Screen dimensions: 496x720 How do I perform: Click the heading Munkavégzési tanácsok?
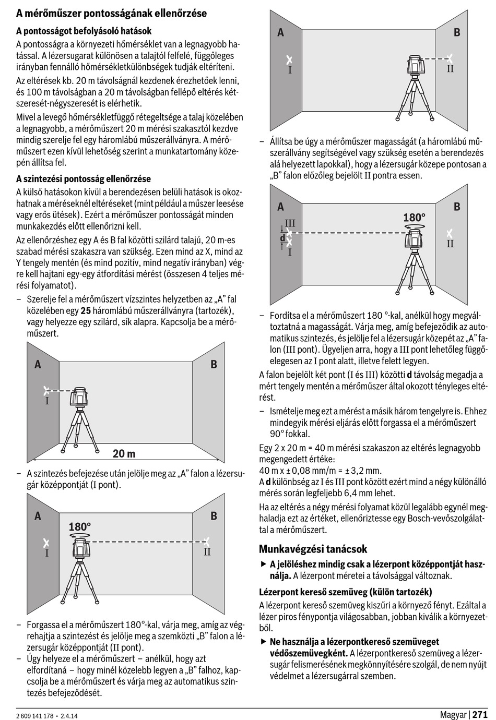click(313, 549)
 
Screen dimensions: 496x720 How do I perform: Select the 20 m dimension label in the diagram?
click(124, 453)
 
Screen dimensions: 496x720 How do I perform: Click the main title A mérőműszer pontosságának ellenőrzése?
click(111, 14)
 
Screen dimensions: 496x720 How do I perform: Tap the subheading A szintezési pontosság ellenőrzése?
click(84, 179)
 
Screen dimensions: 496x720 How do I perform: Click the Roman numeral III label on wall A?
click(290, 223)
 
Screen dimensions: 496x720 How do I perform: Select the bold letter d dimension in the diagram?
click(282, 238)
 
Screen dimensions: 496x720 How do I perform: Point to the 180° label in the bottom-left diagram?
click(80, 526)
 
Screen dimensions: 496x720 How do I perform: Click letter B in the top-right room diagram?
click(457, 32)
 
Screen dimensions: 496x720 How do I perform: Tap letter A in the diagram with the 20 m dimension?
click(38, 365)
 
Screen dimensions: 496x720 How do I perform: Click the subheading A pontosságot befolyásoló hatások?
click(84, 31)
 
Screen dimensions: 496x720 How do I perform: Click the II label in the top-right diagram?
click(450, 69)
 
